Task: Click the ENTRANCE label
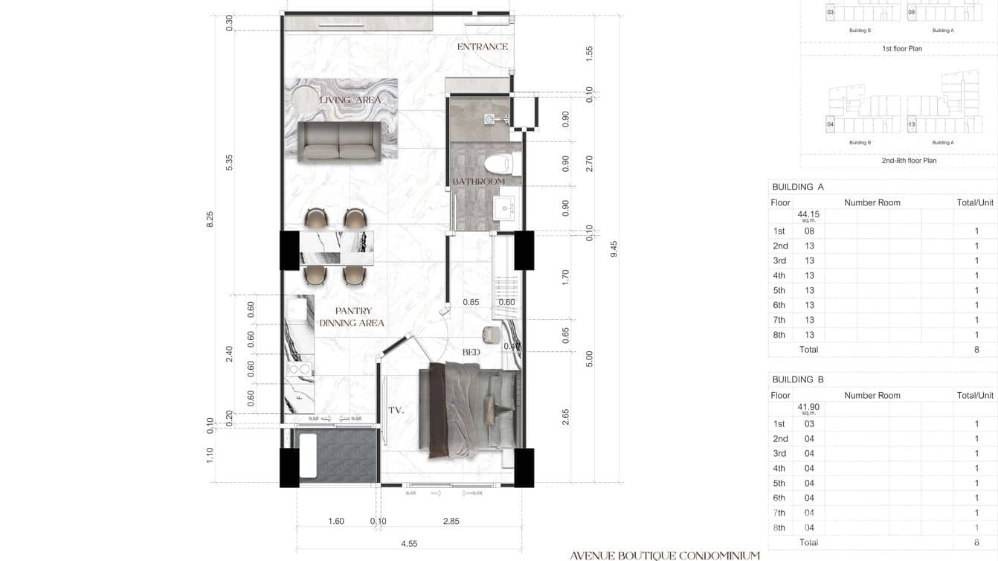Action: click(x=482, y=46)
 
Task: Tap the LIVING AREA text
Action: click(x=350, y=100)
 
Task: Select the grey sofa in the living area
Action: click(x=339, y=141)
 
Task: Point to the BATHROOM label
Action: click(x=478, y=182)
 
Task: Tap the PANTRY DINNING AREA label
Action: click(x=352, y=317)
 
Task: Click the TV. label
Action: click(x=395, y=410)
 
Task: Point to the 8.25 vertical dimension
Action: click(x=210, y=219)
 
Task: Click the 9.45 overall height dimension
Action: click(x=614, y=249)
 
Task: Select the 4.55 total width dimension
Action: click(x=408, y=544)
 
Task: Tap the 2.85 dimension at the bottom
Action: click(x=451, y=522)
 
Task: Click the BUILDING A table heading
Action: click(x=798, y=187)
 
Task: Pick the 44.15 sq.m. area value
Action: click(x=808, y=215)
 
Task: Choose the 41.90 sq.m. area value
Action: click(x=808, y=408)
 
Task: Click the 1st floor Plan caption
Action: click(x=901, y=48)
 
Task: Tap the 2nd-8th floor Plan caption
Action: click(x=909, y=160)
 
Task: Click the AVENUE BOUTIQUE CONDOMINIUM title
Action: click(x=665, y=555)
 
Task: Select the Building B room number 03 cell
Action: click(x=809, y=424)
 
